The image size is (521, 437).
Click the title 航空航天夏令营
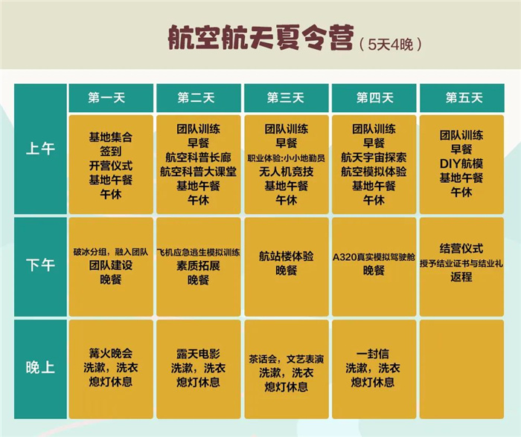click(260, 37)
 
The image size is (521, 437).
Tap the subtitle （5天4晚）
click(391, 45)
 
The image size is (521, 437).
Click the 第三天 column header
click(286, 98)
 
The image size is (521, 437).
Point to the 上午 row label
click(40, 149)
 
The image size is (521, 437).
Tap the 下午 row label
click(40, 265)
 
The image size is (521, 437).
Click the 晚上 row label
click(40, 368)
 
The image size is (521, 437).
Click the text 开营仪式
click(111, 166)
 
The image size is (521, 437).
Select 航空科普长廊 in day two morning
click(199, 158)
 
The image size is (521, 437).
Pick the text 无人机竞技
click(286, 172)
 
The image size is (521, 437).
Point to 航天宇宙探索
click(374, 158)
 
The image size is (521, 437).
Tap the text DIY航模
click(461, 164)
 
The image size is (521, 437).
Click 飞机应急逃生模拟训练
click(199, 253)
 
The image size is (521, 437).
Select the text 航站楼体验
click(286, 256)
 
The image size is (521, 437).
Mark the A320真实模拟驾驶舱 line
click(374, 257)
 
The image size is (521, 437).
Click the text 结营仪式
click(461, 248)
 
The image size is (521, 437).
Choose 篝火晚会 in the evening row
click(111, 353)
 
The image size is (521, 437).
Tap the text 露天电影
click(199, 354)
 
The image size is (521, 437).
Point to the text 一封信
click(373, 354)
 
